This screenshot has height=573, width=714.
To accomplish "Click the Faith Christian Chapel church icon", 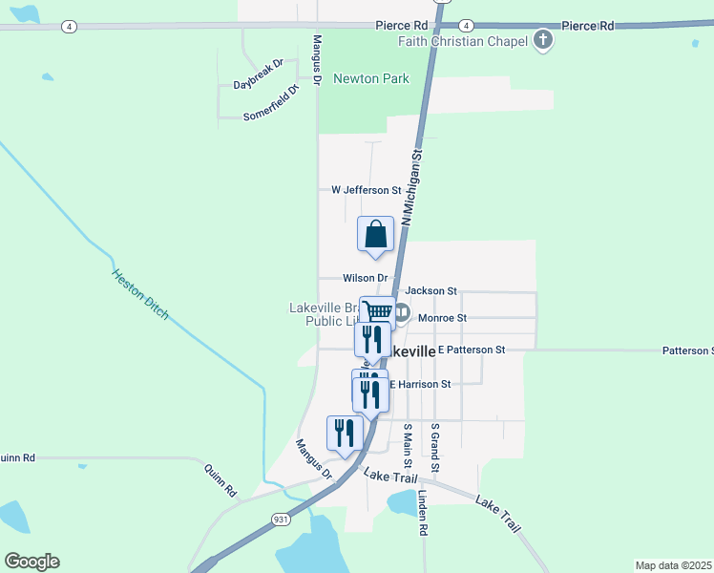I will click(543, 40).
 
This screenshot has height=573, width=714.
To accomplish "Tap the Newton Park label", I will click(370, 79).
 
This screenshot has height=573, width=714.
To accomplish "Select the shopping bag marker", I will click(375, 234).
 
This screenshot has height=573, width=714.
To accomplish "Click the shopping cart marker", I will click(378, 311).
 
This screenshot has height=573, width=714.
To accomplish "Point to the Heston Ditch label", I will click(139, 294).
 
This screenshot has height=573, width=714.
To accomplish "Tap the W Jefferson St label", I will click(366, 190).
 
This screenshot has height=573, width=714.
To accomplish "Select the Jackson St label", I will click(431, 290).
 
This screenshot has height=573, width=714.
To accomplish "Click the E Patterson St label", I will click(472, 350).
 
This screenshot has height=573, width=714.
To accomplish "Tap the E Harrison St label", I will click(418, 384).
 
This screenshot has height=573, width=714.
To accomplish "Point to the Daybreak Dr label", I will click(259, 74).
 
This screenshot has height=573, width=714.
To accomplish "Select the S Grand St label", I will click(434, 448).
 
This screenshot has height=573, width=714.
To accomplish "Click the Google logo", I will click(31, 562).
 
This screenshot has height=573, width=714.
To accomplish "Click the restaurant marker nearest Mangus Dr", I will click(344, 433).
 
